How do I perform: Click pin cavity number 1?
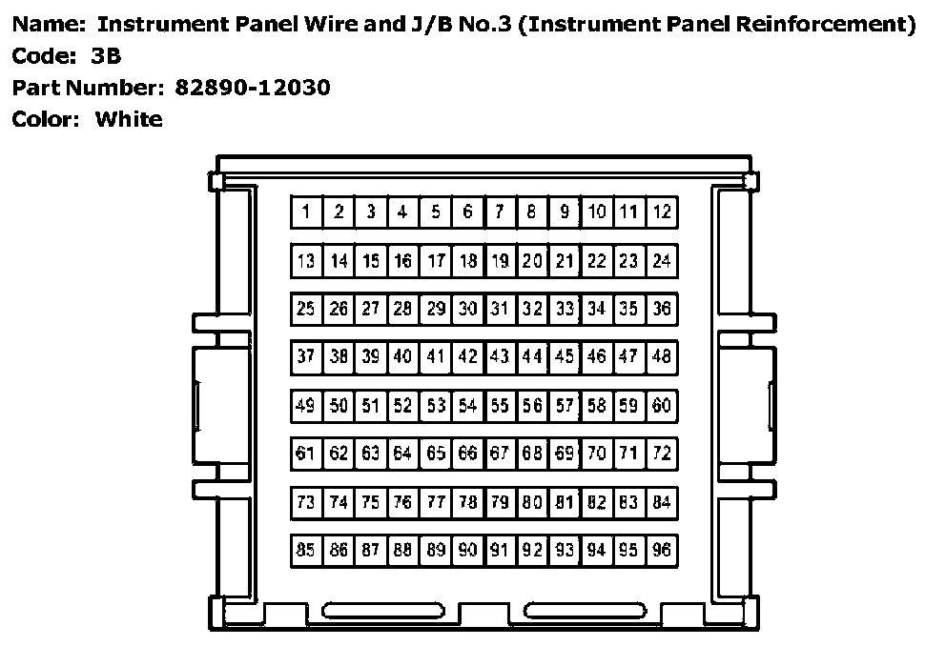pos(306,212)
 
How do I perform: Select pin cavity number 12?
pos(662,212)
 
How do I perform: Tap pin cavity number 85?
pos(306,550)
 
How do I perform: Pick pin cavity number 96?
pos(662,550)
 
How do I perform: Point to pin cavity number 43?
pos(500,357)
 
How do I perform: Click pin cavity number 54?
pos(467,406)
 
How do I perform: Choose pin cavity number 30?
pos(467,309)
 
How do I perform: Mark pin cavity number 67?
pos(500,454)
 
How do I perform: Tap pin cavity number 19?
pos(500,260)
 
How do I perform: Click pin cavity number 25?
pos(306,309)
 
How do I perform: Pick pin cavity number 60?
pos(662,406)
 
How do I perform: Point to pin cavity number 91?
pos(500,550)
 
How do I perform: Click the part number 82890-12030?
pos(253,88)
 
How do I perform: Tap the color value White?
pos(129,120)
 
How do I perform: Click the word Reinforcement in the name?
pos(829,25)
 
